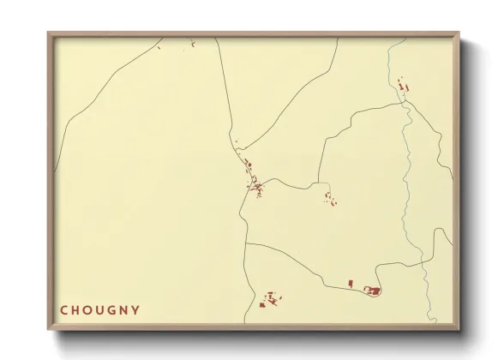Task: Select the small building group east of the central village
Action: tap(329, 199)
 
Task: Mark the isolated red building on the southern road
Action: tap(351, 283)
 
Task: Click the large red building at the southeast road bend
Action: tap(374, 291)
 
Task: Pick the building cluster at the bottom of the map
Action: tap(272, 299)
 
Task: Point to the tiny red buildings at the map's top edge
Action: tap(194, 42)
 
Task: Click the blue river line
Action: tap(408, 171)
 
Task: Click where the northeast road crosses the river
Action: tap(404, 103)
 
